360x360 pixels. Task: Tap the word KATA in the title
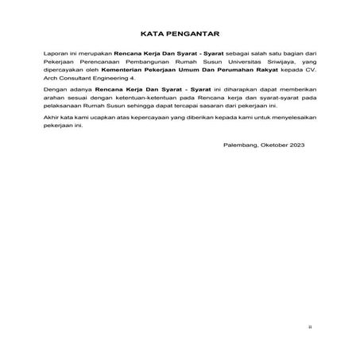pos(153,35)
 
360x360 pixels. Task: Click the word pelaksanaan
pos(63,114)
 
